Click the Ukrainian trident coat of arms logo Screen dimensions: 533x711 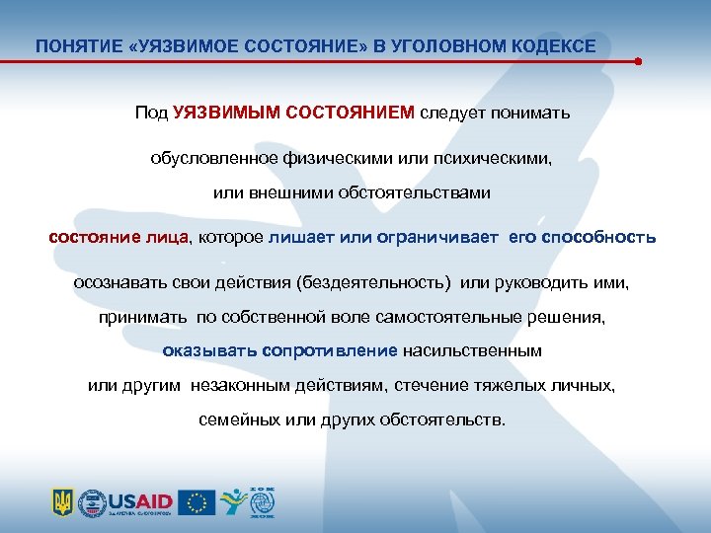[62, 502]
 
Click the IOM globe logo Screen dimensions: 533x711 [263, 500]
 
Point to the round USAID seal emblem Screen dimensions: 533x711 [92, 502]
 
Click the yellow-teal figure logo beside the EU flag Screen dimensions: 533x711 [232, 502]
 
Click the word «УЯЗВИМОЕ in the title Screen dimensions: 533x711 [186, 46]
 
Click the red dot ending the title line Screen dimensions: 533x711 [639, 61]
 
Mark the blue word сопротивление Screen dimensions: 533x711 [336, 350]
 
